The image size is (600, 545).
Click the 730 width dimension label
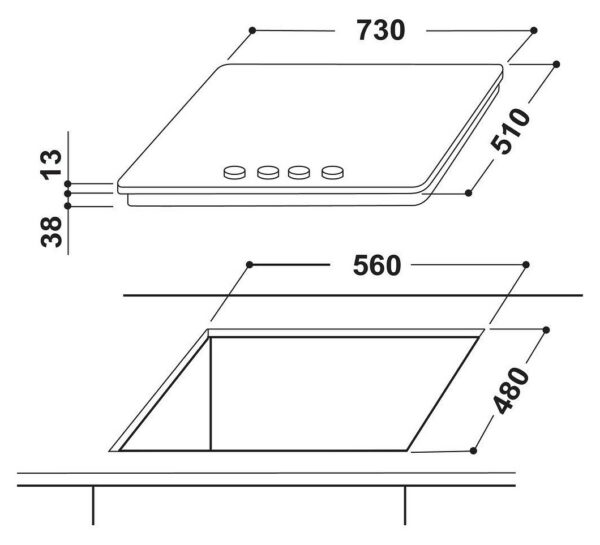pos(381,31)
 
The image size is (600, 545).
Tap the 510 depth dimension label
pos(511,131)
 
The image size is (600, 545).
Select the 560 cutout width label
pos(377,265)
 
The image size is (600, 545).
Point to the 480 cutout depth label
pos(511,390)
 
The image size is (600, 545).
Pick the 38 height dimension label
pos(51,232)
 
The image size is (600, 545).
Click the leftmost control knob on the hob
pos(234,173)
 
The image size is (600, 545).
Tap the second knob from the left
pos(268,173)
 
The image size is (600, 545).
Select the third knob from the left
pos(298,173)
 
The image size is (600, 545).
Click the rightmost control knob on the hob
pos(333,173)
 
